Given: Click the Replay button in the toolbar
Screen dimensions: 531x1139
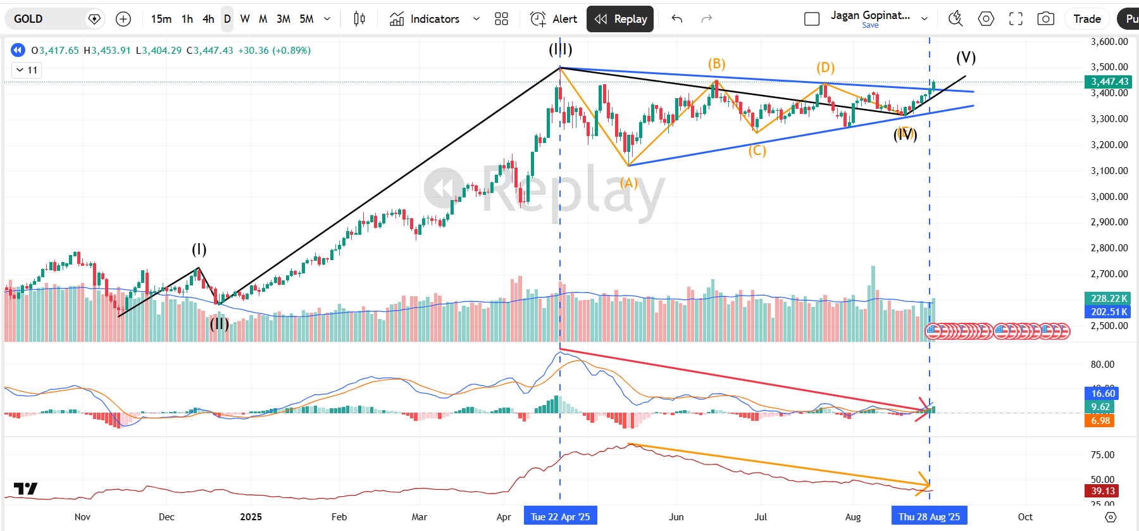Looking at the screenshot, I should (x=620, y=19).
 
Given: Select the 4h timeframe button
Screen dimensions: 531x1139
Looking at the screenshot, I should (x=208, y=19).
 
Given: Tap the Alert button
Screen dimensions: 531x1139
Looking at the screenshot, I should (x=554, y=19).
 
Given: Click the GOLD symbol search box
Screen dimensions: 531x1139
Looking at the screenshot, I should (x=47, y=19).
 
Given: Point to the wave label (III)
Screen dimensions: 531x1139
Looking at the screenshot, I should (x=560, y=49).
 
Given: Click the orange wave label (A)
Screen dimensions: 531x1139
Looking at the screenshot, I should (x=628, y=183).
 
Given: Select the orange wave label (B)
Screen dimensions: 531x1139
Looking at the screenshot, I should (x=716, y=64).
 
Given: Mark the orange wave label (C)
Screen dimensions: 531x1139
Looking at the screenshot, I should (x=757, y=151).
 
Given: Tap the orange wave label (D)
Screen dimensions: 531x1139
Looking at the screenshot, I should (x=825, y=68).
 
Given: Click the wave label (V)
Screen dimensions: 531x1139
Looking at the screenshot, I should (x=966, y=58).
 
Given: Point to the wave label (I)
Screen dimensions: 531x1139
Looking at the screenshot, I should (x=199, y=249).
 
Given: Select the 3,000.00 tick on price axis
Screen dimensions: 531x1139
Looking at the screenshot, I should (x=1109, y=196).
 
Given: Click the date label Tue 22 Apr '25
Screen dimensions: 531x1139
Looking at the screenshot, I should (x=560, y=516).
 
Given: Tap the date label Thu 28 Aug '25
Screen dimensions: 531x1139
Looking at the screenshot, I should (x=929, y=516).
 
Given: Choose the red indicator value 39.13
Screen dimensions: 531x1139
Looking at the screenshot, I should (x=1102, y=491).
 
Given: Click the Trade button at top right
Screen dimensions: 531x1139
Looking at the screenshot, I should (x=1086, y=19).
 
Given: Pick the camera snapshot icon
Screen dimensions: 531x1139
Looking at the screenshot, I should (x=1045, y=19).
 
